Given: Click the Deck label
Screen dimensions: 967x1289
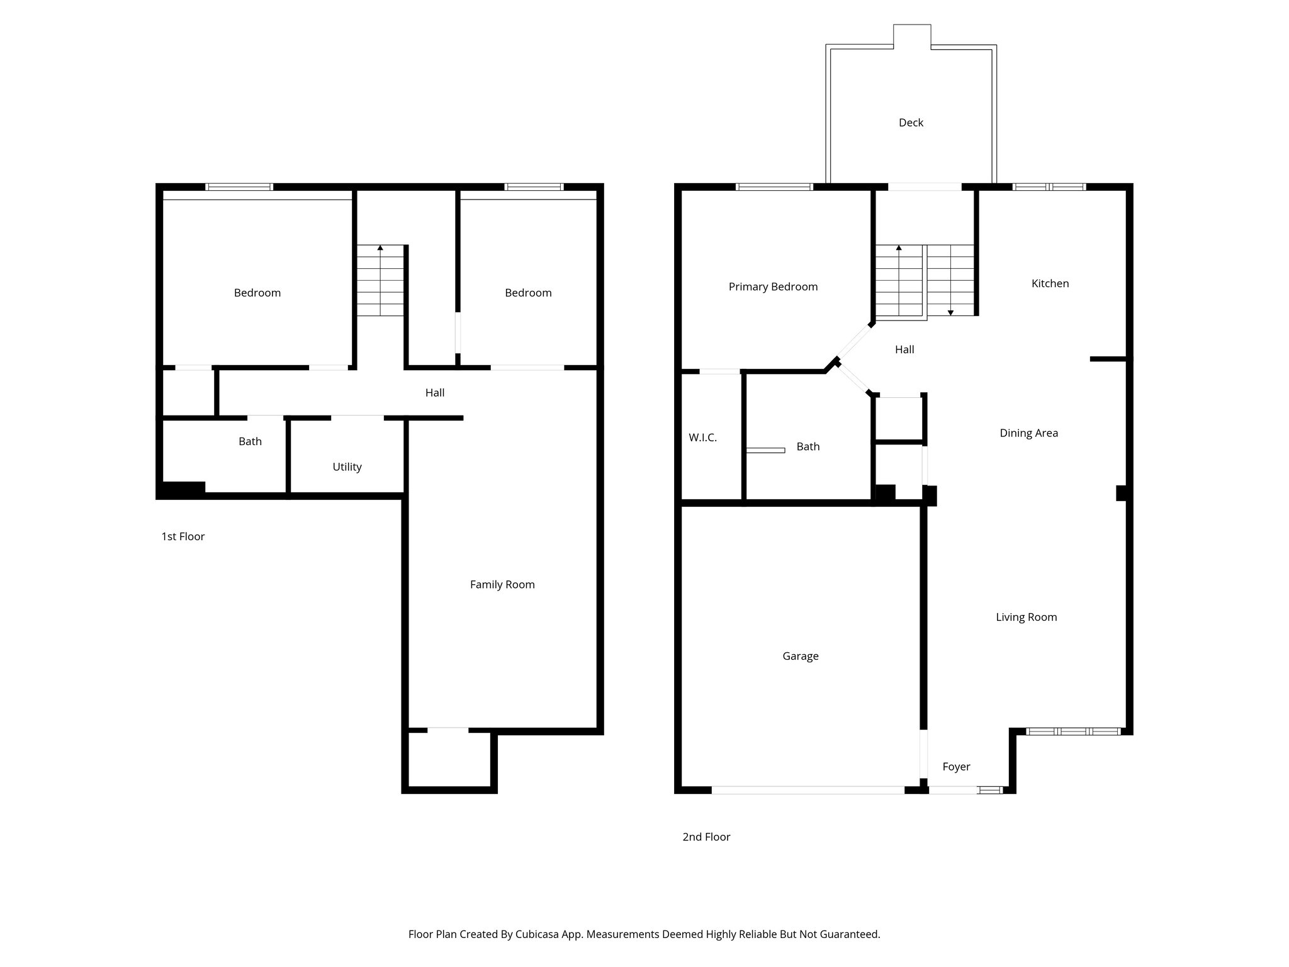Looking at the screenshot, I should tap(911, 123).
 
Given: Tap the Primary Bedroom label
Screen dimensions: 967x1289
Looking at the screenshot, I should tap(773, 287).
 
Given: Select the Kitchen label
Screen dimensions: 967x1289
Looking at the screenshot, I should tap(1050, 283).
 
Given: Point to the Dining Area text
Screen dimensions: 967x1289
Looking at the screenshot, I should tap(1028, 433).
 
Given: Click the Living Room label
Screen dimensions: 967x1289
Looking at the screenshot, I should tap(1026, 618).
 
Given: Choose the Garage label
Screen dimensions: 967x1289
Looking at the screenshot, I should tap(800, 656).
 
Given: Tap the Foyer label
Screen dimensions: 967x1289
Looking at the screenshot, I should tap(956, 767).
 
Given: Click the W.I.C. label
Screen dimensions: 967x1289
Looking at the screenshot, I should tap(702, 438).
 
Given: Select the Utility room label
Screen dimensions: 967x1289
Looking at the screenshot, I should tap(347, 467).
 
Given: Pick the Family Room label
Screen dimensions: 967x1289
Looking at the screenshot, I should tap(502, 585).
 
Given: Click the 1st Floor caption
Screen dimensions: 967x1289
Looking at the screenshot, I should tap(183, 536).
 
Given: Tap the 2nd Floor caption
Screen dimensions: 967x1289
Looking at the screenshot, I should tap(706, 837).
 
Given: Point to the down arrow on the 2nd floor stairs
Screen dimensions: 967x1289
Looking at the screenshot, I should tap(950, 312).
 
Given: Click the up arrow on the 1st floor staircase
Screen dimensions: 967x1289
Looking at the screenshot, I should tap(380, 248).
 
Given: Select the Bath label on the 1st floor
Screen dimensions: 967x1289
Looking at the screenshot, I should tap(250, 442).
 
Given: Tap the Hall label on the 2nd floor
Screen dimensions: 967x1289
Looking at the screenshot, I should tap(904, 349).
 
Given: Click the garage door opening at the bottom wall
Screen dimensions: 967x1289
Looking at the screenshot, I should tap(808, 790).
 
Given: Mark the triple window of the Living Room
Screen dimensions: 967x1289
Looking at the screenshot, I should tap(1073, 731).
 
